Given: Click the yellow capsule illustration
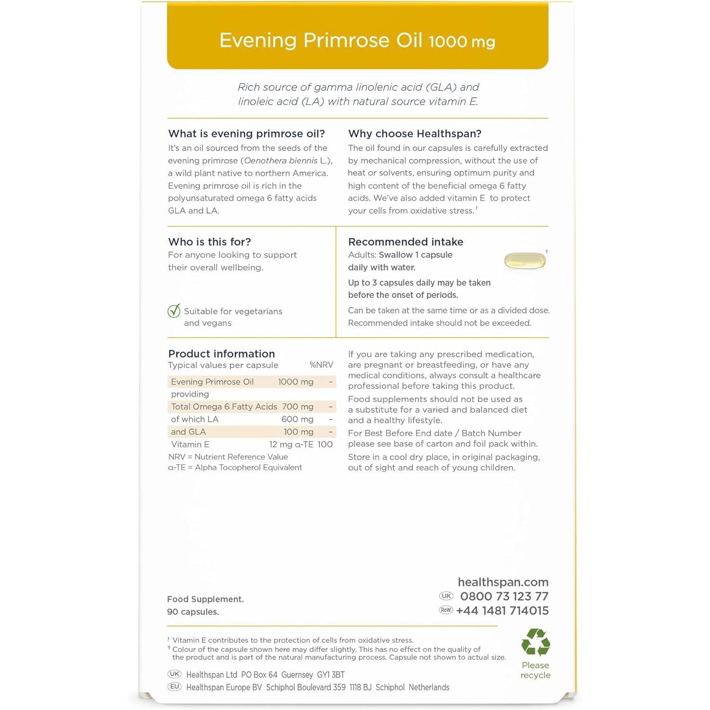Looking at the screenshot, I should click(x=524, y=260).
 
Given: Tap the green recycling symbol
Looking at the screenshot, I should click(x=535, y=643).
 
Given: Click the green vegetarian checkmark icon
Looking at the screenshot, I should click(x=174, y=311).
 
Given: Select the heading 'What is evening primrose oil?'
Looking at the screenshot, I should click(x=247, y=133).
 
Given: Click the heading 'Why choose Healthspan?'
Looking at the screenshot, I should click(x=415, y=133).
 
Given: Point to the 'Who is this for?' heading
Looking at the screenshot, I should click(x=210, y=242).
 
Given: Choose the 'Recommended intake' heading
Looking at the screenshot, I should click(x=406, y=242).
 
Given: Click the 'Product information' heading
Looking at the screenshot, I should click(x=222, y=354).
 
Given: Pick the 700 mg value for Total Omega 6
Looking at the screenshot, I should click(x=298, y=407).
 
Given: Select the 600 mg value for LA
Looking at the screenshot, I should click(x=297, y=419).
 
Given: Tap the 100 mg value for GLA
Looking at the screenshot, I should click(x=298, y=432).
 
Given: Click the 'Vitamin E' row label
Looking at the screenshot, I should click(x=190, y=444).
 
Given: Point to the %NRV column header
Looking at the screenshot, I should click(x=321, y=365).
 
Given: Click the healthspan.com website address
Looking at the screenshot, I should click(x=503, y=582).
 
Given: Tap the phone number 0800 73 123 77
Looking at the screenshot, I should click(x=504, y=596).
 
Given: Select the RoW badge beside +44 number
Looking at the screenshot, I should click(x=446, y=610).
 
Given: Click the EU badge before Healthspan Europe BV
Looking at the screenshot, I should click(x=175, y=687).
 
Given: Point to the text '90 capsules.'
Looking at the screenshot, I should click(x=193, y=612).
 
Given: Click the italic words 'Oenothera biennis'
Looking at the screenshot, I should click(x=281, y=160).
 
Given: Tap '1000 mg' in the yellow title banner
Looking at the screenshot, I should click(x=462, y=42).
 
